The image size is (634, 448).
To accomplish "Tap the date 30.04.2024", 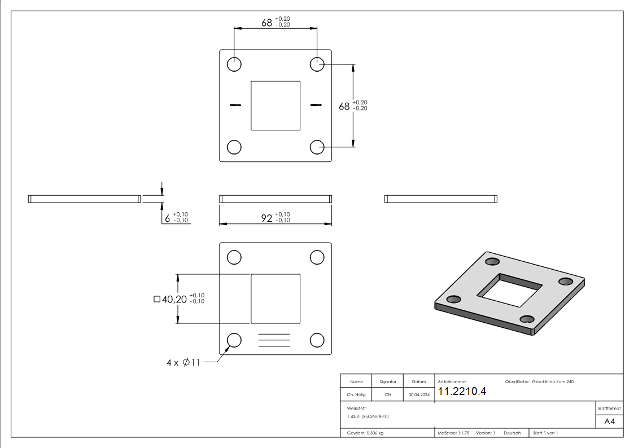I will (x=418, y=395).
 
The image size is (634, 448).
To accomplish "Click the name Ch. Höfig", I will (x=356, y=395).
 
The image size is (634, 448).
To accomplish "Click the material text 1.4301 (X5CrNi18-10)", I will (x=368, y=416).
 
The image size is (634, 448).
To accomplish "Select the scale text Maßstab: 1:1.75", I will (x=453, y=433).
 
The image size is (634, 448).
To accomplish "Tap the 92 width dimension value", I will (x=266, y=218).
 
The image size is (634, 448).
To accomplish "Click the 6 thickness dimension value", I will (x=168, y=218).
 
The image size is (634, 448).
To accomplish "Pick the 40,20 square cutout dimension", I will (x=174, y=300).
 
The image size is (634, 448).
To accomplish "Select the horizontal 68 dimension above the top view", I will (x=267, y=23).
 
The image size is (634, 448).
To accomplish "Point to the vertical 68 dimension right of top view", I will (x=344, y=106).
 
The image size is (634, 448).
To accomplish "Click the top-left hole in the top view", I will (x=234, y=64).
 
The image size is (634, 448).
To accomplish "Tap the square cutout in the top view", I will (x=276, y=106).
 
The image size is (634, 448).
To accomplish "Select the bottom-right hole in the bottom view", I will (x=317, y=340).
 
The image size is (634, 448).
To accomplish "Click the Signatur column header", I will (x=387, y=382).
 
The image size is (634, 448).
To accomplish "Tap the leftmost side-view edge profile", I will (x=84, y=199).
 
